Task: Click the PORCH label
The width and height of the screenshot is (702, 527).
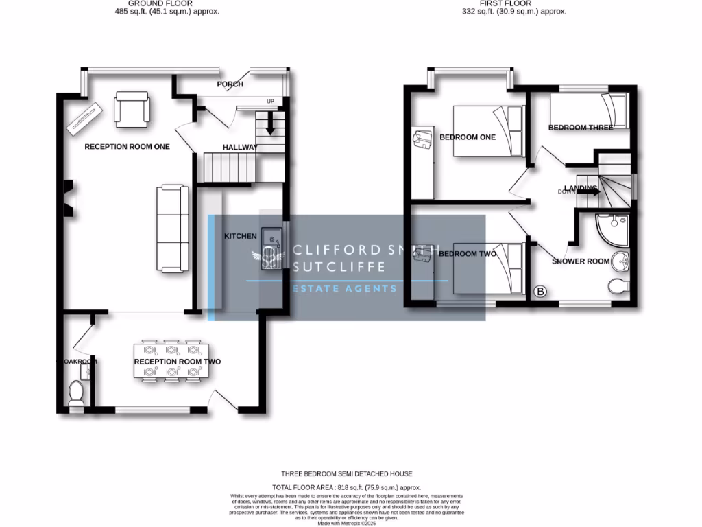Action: click(230, 84)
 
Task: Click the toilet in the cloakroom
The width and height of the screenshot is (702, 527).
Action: click(76, 394)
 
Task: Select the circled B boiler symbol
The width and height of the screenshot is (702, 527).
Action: click(540, 292)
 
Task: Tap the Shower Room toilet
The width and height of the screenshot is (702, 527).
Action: click(619, 287)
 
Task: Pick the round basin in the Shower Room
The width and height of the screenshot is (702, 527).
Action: click(621, 261)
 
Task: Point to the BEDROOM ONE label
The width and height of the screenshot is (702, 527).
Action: click(467, 137)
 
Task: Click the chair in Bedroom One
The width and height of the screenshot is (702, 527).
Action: click(422, 139)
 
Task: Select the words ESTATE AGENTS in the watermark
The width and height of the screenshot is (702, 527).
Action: click(345, 289)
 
